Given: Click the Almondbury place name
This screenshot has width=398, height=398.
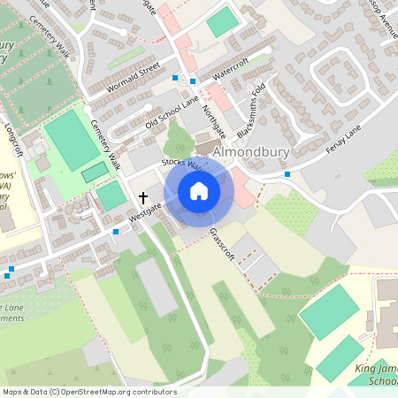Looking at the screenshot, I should click(x=252, y=151).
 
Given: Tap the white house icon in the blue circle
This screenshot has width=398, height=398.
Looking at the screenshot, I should click(x=198, y=190).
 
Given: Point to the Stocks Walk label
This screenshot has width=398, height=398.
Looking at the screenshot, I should click(x=182, y=166).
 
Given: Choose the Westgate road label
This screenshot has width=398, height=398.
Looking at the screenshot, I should click(x=145, y=211).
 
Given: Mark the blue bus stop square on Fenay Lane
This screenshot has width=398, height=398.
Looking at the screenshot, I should click(x=287, y=174).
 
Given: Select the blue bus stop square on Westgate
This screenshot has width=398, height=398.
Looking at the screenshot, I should click(x=115, y=232).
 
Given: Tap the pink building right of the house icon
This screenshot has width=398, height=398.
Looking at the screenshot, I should click(x=239, y=186).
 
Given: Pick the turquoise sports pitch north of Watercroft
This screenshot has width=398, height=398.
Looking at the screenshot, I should click(x=223, y=21).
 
